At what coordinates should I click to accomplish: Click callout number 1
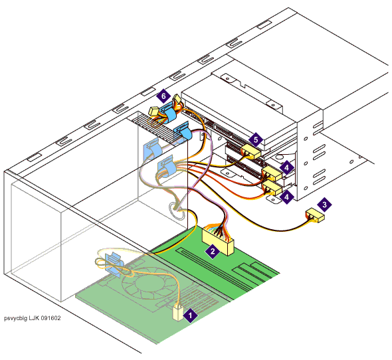tap(190, 315)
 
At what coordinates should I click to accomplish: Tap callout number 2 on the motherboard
tap(213, 251)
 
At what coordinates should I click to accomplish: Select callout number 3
tap(324, 205)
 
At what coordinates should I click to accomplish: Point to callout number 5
tap(256, 139)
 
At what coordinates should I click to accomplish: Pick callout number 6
tap(163, 96)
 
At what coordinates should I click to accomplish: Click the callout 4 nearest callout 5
tap(286, 167)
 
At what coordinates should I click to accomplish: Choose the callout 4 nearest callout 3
tap(286, 197)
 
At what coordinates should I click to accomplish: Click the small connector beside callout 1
tap(178, 314)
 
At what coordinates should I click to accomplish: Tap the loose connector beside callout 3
tap(315, 215)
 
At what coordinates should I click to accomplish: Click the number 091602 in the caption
tap(50, 318)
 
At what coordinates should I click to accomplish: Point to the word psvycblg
tap(15, 318)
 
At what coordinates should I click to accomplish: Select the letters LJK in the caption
tap(34, 318)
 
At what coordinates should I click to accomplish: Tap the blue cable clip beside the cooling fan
tap(114, 264)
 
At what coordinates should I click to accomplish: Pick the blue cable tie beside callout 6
tap(168, 112)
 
